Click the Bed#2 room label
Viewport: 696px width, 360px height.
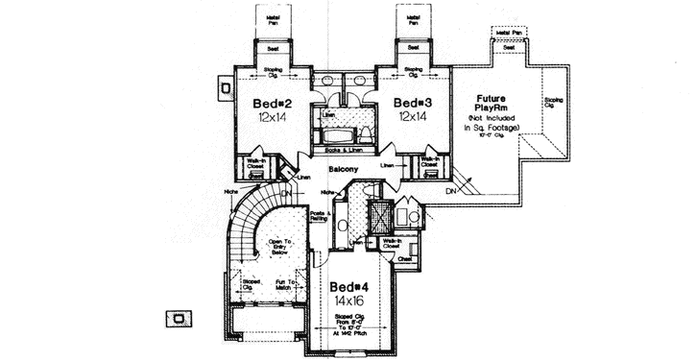(273, 102)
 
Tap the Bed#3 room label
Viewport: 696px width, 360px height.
(411, 102)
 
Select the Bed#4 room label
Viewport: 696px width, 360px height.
(350, 287)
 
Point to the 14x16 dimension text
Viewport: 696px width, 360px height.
(350, 300)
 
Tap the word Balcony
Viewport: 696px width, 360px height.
(343, 170)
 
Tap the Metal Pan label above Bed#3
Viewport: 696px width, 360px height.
(414, 18)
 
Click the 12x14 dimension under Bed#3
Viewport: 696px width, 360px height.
(411, 116)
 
